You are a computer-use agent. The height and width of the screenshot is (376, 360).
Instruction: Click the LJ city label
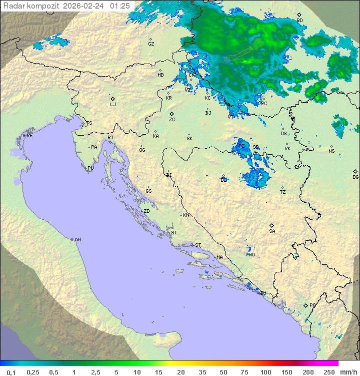pyautogui.click(x=113, y=105)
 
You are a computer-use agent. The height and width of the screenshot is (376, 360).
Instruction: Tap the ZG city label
pyautogui.click(x=172, y=120)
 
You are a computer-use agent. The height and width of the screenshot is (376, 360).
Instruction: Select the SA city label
pyautogui.click(x=272, y=231)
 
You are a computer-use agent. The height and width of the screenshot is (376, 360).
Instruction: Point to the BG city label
pyautogui.click(x=355, y=177)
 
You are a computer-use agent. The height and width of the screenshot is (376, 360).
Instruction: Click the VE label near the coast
pyautogui.click(x=29, y=136)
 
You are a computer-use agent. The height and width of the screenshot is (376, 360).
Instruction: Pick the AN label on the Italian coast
pyautogui.click(x=77, y=240)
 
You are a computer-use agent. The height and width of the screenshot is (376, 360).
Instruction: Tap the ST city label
pyautogui.click(x=198, y=245)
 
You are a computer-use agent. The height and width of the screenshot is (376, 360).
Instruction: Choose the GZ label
pyautogui.click(x=151, y=44)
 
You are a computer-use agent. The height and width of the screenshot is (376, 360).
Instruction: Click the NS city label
pyautogui.click(x=331, y=151)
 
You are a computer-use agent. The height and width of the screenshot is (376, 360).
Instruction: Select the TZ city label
pyautogui.click(x=283, y=192)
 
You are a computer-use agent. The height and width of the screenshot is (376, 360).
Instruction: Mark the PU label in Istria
pyautogui.click(x=90, y=168)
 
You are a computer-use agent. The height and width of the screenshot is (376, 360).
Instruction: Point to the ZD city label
pyautogui.click(x=146, y=211)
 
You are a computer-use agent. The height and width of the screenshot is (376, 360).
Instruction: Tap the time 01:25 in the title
pyautogui.click(x=120, y=6)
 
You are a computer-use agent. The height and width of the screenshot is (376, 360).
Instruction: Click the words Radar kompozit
pyautogui.click(x=31, y=6)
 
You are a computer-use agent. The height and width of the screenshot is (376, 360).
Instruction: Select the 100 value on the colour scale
pyautogui.click(x=265, y=372)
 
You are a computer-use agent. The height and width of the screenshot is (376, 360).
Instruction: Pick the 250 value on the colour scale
pyautogui.click(x=329, y=372)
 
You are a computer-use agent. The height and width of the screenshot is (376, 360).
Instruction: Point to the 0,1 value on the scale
pyautogui.click(x=11, y=372)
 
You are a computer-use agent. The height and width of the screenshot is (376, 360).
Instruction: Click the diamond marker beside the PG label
pyautogui.click(x=305, y=305)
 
